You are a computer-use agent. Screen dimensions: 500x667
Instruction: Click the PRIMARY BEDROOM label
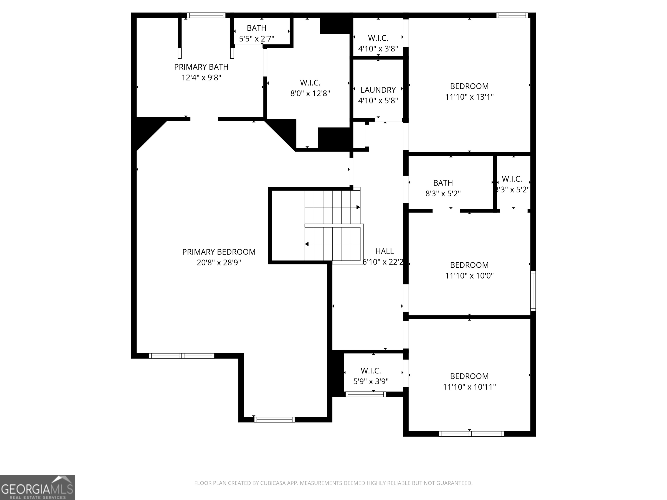219,252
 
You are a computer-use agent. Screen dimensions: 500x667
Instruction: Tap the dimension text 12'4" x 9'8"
201,78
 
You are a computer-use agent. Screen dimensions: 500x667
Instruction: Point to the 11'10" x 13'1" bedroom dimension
469,97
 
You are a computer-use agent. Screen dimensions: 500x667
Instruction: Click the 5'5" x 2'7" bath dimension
257,39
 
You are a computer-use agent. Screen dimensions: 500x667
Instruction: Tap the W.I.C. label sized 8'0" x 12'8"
310,83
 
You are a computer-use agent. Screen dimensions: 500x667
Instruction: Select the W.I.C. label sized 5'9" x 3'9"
371,370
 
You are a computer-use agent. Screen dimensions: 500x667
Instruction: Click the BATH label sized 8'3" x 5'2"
443,183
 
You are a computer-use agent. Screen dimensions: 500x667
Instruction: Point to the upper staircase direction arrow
358,207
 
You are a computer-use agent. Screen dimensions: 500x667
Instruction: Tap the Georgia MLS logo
37,487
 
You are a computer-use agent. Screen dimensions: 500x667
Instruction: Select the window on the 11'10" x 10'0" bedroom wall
533,291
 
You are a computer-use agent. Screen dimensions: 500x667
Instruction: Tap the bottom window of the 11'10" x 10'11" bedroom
471,434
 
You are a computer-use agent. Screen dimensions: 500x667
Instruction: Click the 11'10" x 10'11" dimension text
469,387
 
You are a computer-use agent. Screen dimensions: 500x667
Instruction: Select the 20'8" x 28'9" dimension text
219,263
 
